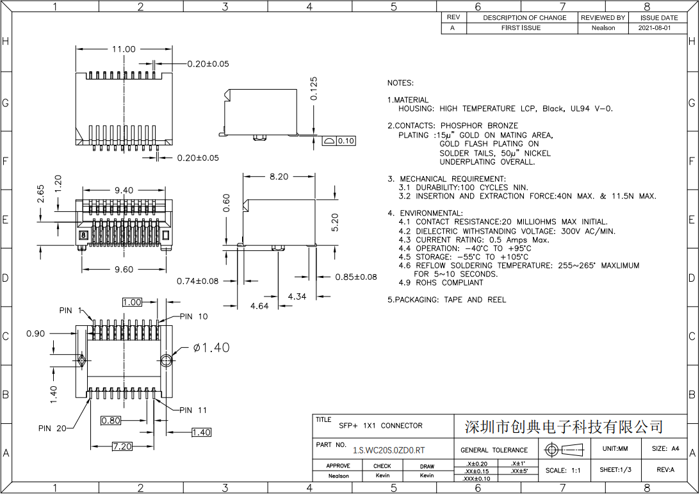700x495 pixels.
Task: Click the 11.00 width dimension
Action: tap(124, 49)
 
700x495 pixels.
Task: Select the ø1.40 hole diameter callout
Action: tap(211, 348)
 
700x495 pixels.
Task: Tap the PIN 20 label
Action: tap(52, 428)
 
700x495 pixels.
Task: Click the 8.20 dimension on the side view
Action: tap(279, 177)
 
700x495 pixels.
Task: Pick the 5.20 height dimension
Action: tap(335, 222)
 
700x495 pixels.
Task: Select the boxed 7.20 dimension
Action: tap(122, 446)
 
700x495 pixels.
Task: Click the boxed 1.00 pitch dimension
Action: tap(132, 302)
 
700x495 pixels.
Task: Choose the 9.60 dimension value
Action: tap(124, 270)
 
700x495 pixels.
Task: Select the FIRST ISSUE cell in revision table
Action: tap(521, 28)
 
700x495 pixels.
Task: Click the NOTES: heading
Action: tap(400, 83)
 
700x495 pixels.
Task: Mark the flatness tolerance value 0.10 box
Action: tap(346, 141)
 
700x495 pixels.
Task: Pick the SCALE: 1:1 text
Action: tap(563, 470)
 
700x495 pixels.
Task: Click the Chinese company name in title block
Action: tap(563, 426)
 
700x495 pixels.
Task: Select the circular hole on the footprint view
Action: tap(167, 359)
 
